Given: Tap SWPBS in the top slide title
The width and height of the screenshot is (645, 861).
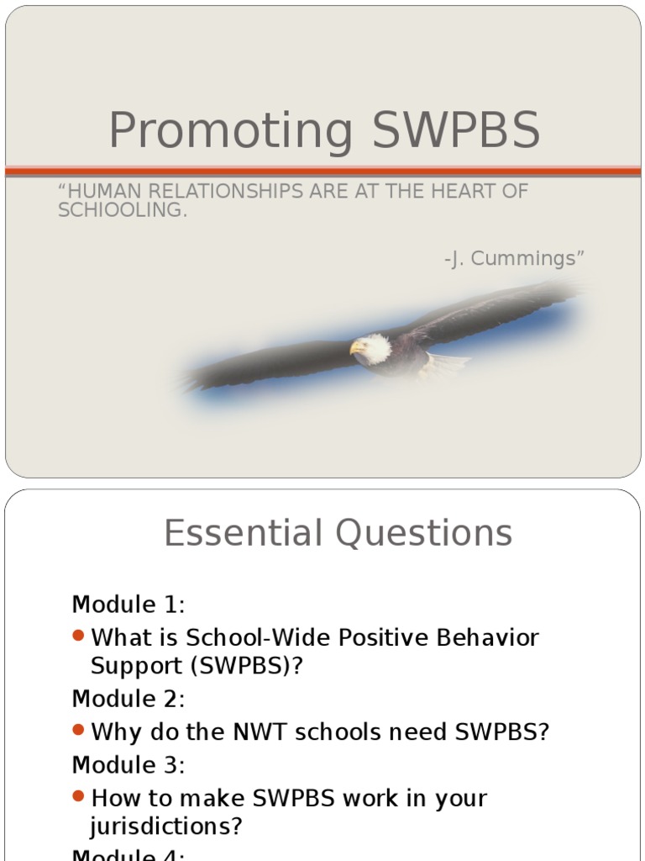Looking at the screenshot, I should point(455,132).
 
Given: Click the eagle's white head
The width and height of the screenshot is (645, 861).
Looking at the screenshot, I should point(373,346).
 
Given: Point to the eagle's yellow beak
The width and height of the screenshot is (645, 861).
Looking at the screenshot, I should point(357,346).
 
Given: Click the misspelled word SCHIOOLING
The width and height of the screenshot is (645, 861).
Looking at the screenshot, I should point(123,210).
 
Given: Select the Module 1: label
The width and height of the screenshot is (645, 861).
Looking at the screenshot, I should point(128,605).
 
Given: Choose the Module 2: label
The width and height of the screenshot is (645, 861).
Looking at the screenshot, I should point(128,699).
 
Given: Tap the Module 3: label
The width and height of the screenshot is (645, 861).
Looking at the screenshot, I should point(128,765).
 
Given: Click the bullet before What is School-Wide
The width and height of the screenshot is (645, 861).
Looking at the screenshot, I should point(79,637).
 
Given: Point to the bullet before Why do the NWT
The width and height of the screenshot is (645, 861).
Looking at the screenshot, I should point(79,731).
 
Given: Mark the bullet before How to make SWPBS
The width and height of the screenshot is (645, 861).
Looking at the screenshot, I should point(79,795).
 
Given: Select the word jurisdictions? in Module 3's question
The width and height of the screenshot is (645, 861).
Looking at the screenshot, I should point(166,827).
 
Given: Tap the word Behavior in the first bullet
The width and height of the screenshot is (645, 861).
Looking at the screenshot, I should point(487,637).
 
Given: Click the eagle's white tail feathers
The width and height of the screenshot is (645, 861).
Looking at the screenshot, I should point(445,362).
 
